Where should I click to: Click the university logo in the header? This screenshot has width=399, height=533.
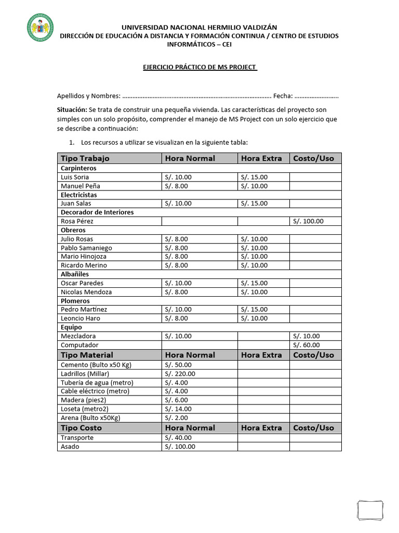coord(40,28)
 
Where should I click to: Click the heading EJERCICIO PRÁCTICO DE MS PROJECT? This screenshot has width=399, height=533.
coord(200,67)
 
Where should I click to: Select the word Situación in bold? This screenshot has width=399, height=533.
coord(72,110)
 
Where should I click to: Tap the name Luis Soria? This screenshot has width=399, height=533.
coord(75,177)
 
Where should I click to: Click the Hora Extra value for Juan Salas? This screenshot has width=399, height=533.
coord(254,204)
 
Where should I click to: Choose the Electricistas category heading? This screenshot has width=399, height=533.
coord(79,195)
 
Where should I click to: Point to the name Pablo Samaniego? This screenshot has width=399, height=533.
coord(86,248)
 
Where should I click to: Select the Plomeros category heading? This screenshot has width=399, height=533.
coord(75,301)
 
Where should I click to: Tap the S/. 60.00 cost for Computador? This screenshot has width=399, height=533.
coord(307,345)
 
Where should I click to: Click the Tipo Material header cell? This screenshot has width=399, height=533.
coord(87,355)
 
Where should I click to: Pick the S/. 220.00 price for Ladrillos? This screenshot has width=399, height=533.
coord(180,374)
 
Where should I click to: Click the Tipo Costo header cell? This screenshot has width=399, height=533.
coord(82,428)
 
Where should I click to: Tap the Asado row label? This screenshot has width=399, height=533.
coord(70,447)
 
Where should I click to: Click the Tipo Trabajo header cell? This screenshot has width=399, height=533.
coord(85,158)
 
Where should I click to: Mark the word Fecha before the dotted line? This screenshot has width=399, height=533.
coord(283,96)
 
